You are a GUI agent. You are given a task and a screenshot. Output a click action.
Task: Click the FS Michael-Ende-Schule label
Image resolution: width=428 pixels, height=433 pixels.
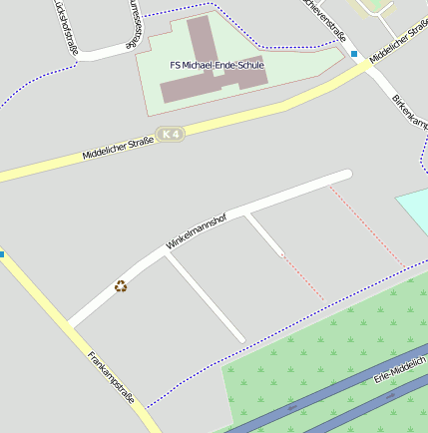click(216, 65)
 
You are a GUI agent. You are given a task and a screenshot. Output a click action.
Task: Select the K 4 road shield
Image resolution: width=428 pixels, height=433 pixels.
click(172, 134)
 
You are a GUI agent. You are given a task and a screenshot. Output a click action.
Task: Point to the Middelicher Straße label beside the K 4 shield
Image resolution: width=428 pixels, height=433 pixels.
click(118, 149)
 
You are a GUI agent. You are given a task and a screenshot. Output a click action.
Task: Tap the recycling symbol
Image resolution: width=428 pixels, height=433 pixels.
click(121, 286)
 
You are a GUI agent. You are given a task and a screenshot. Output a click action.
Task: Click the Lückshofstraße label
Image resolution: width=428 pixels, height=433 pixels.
click(66, 30)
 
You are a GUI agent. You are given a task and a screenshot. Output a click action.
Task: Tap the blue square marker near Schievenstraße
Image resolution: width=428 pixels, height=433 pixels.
click(353, 54)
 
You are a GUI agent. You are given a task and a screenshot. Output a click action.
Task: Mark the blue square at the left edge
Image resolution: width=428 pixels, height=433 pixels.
click(2, 253)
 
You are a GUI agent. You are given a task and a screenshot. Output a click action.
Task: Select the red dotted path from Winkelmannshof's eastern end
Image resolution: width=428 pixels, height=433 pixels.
click(367, 226)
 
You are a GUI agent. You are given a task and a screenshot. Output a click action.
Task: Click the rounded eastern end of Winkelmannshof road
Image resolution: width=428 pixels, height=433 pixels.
click(345, 176)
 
